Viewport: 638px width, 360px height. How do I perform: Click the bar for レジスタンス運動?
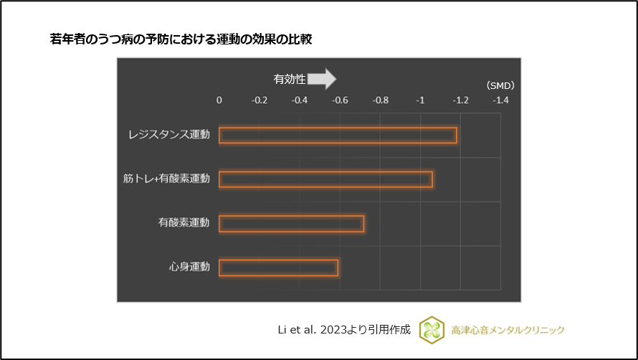pos(338,135)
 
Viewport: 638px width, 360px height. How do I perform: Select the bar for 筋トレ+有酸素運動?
pos(325,179)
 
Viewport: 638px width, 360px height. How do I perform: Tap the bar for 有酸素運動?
pos(291,224)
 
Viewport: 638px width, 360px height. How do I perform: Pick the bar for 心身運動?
pos(278,267)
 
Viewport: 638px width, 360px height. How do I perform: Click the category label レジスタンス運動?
pos(169,135)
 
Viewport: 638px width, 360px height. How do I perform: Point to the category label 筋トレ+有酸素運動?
pos(166,179)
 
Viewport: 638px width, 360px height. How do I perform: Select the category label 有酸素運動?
pos(184,224)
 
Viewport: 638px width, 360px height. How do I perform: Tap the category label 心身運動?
pos(189,267)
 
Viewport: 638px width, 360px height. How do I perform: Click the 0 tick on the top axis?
pos(219,100)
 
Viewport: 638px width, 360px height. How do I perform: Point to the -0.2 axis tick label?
pos(259,100)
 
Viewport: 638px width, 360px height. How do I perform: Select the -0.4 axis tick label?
pos(300,100)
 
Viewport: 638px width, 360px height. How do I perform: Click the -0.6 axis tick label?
pos(340,100)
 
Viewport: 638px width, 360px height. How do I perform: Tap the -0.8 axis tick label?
pos(380,100)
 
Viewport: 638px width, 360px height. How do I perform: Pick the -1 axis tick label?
pos(420,100)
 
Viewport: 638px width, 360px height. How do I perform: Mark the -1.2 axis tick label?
pos(460,100)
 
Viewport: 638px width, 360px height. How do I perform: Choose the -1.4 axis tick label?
pos(500,100)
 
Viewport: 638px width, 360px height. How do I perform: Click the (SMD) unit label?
pos(500,85)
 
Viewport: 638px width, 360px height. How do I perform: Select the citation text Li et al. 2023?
pos(316,330)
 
